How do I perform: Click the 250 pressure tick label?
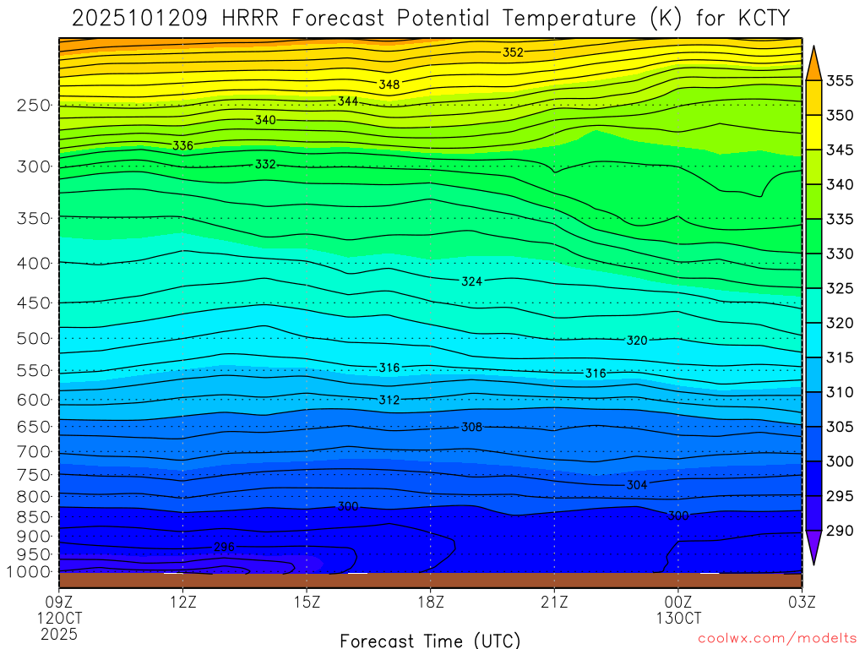click(x=34, y=106)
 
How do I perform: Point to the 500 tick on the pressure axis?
click(x=34, y=339)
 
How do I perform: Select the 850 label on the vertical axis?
click(x=34, y=516)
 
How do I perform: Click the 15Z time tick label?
click(x=307, y=603)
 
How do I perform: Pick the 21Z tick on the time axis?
click(x=554, y=603)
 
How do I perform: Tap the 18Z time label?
click(x=431, y=603)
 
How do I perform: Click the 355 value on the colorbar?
click(x=839, y=81)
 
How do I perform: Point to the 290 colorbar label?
click(x=839, y=532)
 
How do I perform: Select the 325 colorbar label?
click(x=839, y=289)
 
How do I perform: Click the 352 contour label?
click(x=513, y=52)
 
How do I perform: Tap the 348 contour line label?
click(x=389, y=85)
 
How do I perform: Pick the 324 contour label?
click(x=472, y=281)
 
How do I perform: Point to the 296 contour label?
click(x=224, y=548)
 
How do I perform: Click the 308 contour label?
click(x=471, y=428)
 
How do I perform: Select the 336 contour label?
click(x=182, y=145)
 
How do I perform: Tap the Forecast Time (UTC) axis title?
click(x=430, y=640)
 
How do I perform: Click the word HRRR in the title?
click(x=257, y=19)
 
